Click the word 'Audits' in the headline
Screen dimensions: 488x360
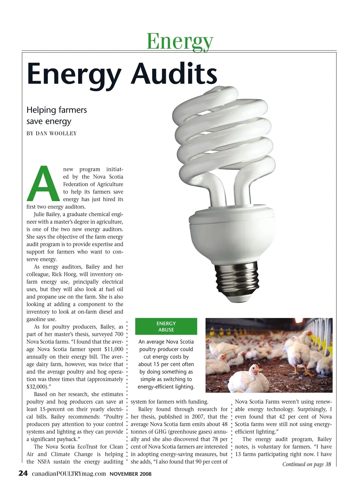174,74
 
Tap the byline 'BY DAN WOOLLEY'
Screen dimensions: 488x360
52,133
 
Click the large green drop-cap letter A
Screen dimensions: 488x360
43,184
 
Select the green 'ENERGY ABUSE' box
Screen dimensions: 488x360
166,327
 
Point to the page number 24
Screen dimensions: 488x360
23,473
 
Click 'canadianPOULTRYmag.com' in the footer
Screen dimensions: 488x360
69,474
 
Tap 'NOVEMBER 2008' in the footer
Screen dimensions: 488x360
130,474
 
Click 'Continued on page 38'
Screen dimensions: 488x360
306,464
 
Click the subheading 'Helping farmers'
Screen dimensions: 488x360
57,110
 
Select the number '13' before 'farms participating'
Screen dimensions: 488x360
238,454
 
